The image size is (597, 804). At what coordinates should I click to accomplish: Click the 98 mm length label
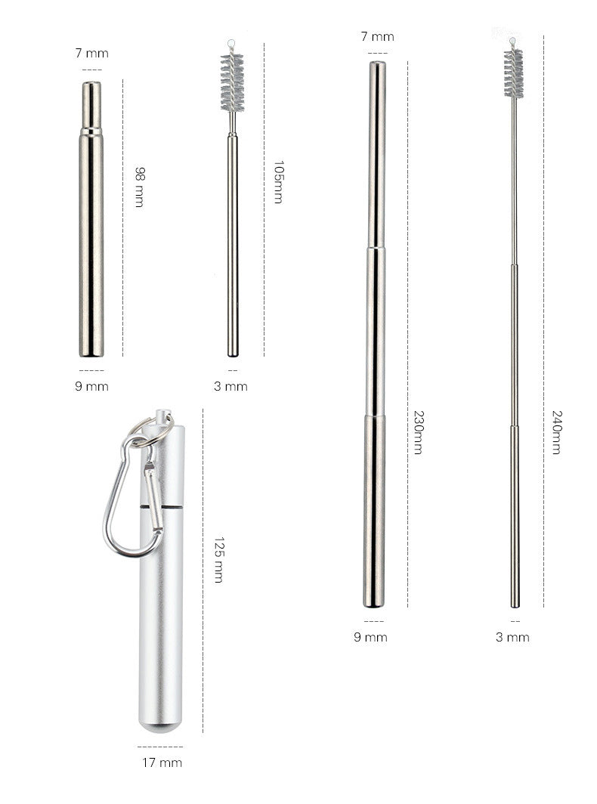click(139, 187)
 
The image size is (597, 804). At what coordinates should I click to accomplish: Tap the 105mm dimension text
click(279, 182)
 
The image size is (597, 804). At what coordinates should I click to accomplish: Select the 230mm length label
click(419, 432)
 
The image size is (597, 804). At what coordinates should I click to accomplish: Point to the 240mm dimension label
click(557, 432)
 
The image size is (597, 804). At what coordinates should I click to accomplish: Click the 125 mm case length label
click(219, 560)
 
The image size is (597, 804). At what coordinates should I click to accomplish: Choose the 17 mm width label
click(162, 763)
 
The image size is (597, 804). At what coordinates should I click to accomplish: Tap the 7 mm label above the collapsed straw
click(91, 53)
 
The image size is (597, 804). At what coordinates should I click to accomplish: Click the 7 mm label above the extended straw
click(378, 36)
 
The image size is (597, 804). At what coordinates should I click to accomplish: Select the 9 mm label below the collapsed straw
click(91, 386)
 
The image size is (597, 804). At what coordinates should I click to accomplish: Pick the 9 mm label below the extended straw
click(370, 637)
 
